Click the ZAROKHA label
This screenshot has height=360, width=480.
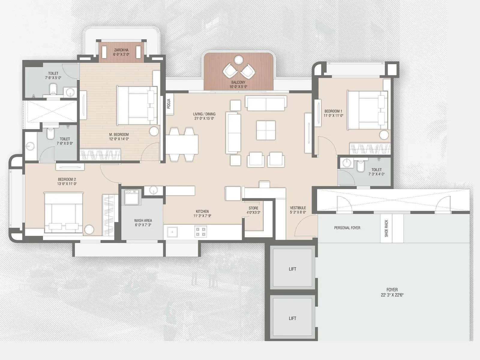coord(121,50)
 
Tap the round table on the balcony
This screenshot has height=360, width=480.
coord(238,60)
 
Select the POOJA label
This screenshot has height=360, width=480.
coord(169,104)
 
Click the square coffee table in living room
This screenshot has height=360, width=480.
coord(266,130)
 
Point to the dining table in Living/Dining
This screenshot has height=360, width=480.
coord(182,144)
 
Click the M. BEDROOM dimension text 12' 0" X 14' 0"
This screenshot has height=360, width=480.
coord(119,139)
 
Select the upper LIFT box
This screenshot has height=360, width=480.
coord(292,267)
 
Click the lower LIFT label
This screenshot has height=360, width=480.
coord(292,318)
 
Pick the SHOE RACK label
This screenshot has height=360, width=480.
coord(386,228)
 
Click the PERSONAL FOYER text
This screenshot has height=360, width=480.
coord(347,228)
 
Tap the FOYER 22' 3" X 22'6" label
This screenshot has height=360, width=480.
coord(392,292)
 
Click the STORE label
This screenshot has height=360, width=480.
coord(253,208)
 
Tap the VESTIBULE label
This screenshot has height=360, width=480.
coord(298,208)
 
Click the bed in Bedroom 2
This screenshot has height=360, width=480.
coord(63,213)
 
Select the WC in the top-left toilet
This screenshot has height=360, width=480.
coord(53,88)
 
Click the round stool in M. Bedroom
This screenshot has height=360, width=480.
coord(154,131)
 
